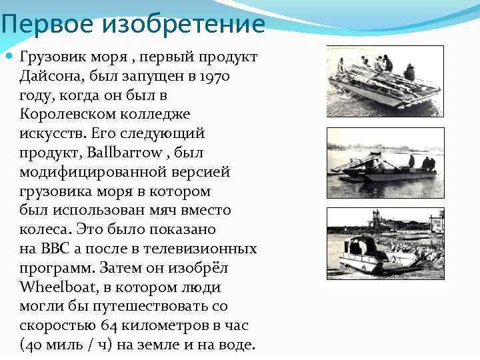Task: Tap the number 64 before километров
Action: tap(109, 326)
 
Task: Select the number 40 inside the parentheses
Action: tap(34, 345)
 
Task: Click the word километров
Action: tap(165, 326)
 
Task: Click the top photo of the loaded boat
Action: tap(385, 81)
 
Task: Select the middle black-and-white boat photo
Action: tap(385, 163)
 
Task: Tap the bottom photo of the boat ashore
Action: tap(385, 243)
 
